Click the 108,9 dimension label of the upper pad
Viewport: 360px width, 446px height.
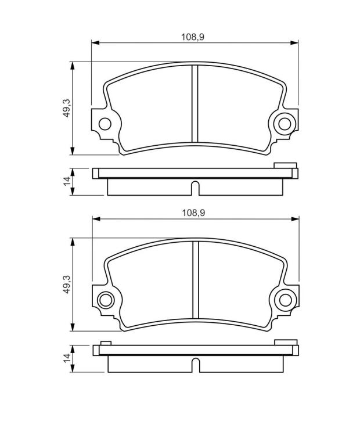click(x=193, y=37)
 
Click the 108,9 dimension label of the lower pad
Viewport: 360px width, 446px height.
click(x=193, y=213)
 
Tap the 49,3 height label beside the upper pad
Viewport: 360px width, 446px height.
click(x=67, y=108)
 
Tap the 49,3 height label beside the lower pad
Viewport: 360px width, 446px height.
click(x=67, y=284)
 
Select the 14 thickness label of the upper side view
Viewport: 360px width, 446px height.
click(x=67, y=181)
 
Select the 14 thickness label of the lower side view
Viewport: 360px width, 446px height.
click(x=67, y=358)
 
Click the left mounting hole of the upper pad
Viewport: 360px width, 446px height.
click(x=105, y=124)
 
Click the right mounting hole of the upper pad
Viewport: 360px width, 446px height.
click(x=285, y=124)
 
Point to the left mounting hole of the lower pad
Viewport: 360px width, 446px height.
click(x=106, y=300)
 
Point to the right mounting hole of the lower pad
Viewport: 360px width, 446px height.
click(x=285, y=300)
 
